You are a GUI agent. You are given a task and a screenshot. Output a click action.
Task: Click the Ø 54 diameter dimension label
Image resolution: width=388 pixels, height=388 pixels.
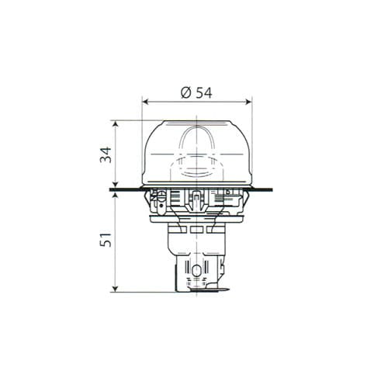[196, 92]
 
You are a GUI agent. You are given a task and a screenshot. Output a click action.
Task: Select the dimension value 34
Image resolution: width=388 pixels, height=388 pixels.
[106, 154]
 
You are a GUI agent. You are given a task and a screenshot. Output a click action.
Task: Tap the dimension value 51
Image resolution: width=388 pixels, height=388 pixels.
[106, 240]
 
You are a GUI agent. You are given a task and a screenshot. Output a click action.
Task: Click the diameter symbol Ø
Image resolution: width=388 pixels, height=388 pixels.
[186, 92]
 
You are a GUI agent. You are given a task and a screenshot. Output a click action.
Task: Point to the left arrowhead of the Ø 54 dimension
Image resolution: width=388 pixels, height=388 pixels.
[145, 102]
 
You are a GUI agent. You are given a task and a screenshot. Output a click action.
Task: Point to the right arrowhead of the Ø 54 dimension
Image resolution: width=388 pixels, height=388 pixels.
[249, 102]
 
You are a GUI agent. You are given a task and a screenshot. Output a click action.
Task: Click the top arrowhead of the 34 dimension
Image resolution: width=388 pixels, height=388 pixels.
[116, 123]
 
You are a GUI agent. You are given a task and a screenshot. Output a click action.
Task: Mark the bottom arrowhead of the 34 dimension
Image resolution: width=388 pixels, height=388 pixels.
[116, 185]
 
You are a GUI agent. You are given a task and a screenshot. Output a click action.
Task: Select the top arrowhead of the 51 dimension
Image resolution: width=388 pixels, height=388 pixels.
[116, 195]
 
